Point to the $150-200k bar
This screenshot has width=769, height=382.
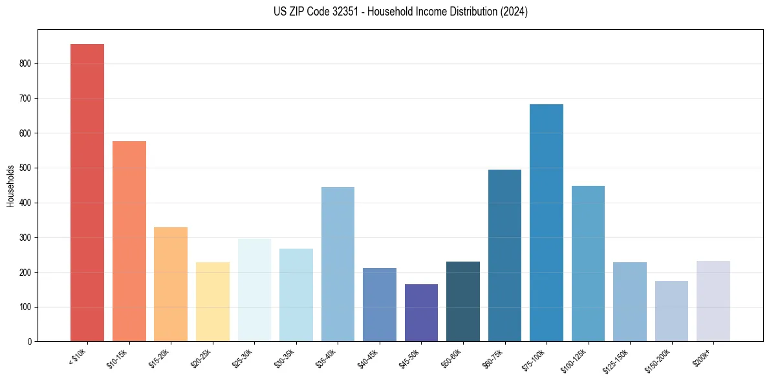[671, 311]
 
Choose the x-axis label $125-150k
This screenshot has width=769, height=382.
[618, 359]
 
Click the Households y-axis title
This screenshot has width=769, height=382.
[11, 186]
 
